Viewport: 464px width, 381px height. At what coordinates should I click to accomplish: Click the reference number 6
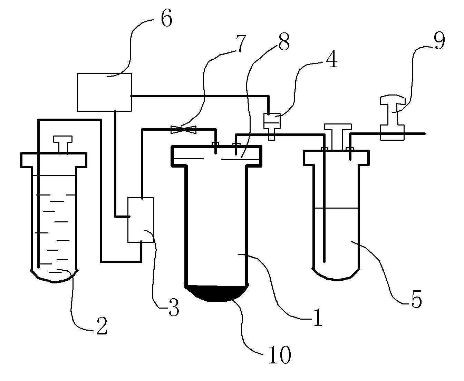click(166, 19)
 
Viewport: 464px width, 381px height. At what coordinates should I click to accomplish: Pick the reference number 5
click(416, 300)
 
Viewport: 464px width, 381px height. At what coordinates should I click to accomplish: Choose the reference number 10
click(280, 355)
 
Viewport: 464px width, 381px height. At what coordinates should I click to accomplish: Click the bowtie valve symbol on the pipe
click(184, 130)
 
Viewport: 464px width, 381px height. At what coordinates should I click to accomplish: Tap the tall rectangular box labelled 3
click(141, 220)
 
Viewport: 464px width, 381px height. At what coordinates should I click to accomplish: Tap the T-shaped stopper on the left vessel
click(63, 144)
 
